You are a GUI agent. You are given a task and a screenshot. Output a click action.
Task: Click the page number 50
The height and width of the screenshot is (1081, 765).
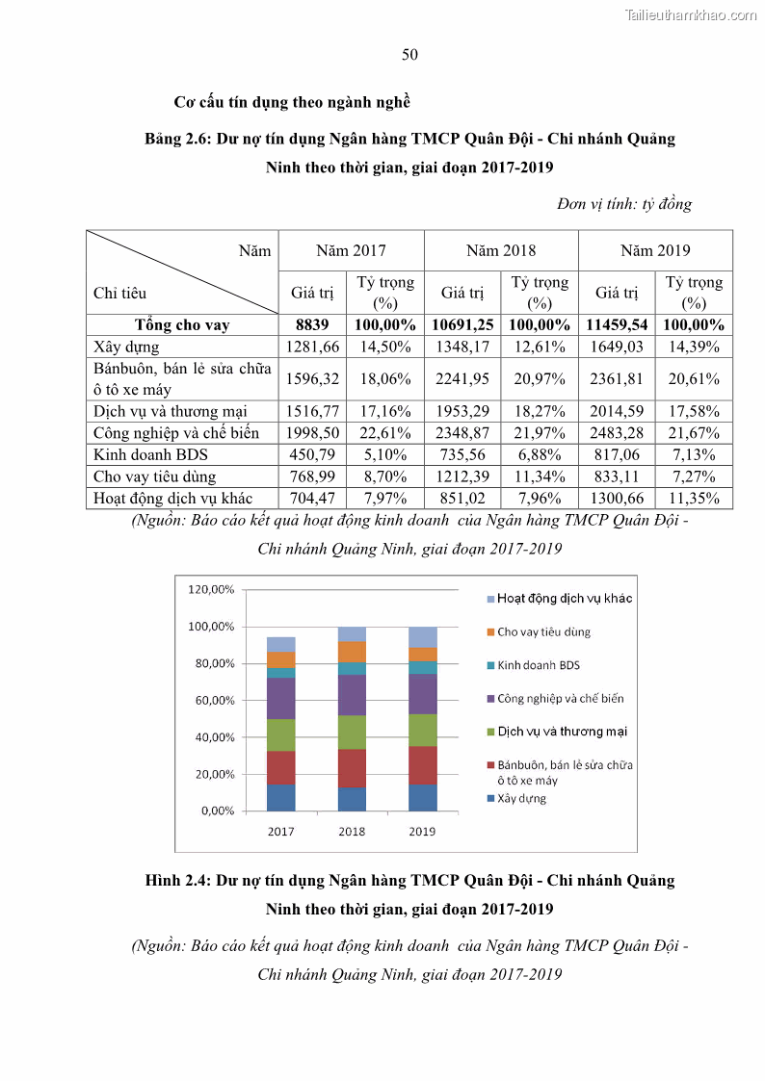409,55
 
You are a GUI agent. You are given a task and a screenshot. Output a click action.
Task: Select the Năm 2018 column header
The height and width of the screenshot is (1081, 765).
501,250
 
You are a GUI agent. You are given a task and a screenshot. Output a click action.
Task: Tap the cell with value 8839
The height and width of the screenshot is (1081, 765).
312,325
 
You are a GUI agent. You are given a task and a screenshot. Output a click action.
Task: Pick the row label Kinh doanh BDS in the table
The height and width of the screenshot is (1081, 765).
150,454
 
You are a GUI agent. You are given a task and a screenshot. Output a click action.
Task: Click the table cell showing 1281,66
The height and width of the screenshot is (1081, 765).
312,347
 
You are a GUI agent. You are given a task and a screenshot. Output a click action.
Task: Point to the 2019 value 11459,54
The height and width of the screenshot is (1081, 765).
617,325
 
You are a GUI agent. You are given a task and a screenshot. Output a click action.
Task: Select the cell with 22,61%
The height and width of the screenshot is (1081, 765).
385,433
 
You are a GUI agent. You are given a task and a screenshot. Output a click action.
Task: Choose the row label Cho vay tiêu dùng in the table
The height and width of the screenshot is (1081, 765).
154,476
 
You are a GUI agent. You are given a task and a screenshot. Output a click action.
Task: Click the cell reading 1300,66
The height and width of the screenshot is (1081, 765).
617,498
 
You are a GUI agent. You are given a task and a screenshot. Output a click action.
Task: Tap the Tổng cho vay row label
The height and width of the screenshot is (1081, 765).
182,325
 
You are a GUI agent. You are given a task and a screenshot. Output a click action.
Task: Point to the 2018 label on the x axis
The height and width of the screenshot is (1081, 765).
352,832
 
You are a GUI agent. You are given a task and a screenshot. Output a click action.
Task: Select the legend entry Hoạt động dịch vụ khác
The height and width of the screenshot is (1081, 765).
565,599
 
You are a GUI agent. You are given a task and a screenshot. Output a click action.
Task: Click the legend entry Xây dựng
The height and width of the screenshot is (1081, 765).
521,798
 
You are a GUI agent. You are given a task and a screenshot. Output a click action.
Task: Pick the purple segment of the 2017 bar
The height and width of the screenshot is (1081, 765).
281,699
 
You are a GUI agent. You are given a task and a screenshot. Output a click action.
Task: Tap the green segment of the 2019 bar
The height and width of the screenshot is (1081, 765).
422,730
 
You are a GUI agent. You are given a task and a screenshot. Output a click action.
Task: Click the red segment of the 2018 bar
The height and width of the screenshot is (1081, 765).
352,768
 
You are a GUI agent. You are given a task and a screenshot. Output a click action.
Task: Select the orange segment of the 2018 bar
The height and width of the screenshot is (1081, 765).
352,652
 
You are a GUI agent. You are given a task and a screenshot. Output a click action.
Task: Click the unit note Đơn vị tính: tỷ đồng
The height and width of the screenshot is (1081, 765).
623,204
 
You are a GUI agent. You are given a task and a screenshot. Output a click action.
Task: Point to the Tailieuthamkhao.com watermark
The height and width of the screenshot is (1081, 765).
691,14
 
